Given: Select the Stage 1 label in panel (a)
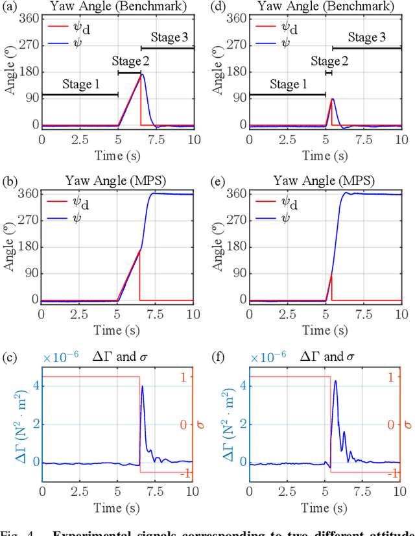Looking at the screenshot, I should click(x=81, y=84).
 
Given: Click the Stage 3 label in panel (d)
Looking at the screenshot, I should click(x=366, y=38).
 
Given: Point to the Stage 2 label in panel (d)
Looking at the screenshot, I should click(x=329, y=61).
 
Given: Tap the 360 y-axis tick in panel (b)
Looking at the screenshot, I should click(x=29, y=193).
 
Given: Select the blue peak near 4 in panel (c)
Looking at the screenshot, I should click(x=142, y=387).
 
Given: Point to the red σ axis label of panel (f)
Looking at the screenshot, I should click(x=407, y=424).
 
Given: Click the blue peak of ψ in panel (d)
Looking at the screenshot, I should click(x=333, y=99).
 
